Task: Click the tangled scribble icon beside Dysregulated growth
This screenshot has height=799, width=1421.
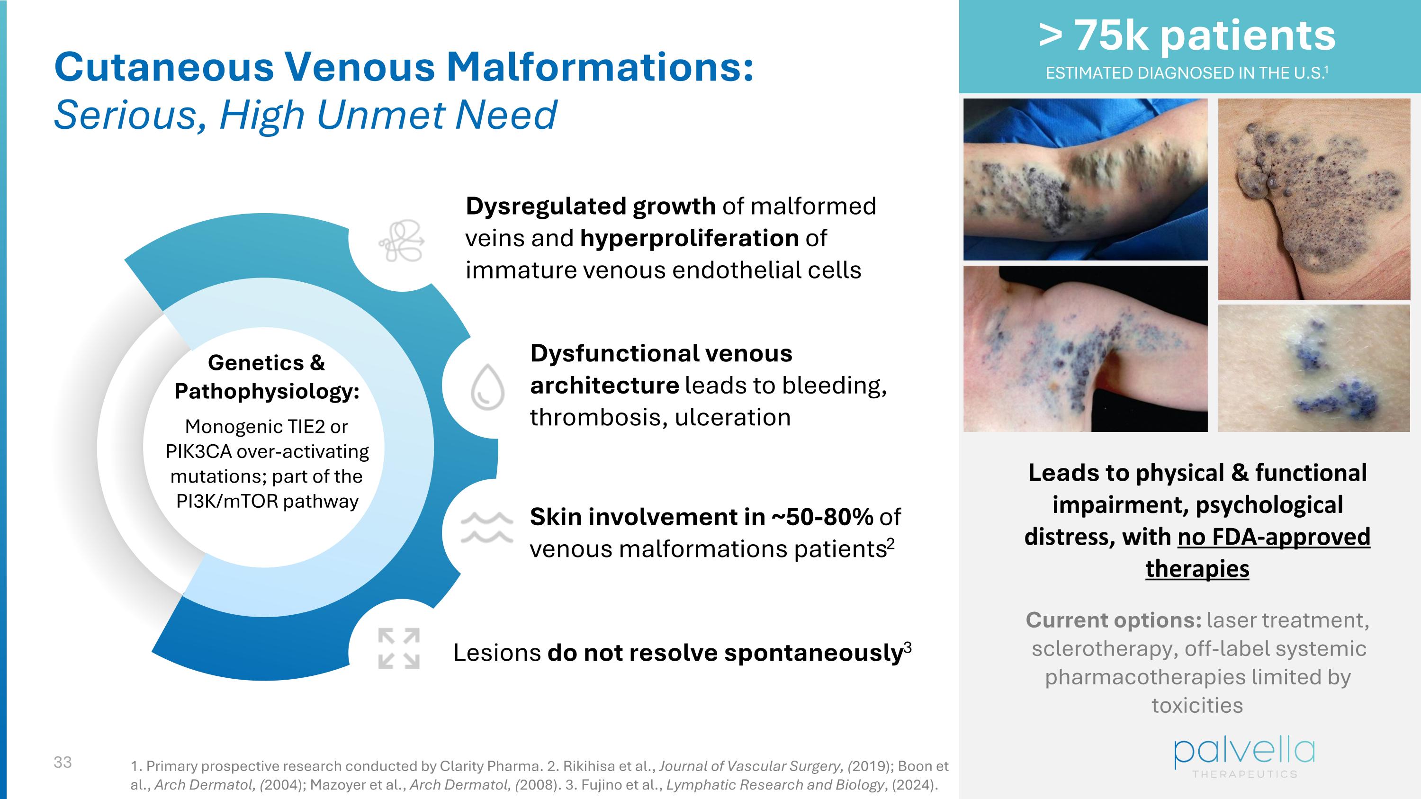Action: [401, 241]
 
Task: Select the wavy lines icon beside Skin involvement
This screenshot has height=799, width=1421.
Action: [486, 527]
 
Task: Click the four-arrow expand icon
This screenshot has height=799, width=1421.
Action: [398, 648]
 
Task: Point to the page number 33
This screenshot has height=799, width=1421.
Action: [63, 762]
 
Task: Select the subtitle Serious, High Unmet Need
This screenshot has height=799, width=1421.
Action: [305, 115]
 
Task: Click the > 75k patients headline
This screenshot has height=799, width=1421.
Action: [1187, 36]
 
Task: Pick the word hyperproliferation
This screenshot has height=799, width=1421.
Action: [689, 238]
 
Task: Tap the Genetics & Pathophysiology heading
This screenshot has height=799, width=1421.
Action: [266, 377]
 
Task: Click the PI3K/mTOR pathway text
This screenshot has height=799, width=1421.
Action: [267, 501]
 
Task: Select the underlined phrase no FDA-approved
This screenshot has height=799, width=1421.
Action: [1274, 537]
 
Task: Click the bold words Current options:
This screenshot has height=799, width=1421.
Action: [1113, 620]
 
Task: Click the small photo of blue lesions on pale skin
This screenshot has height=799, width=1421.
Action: [1313, 368]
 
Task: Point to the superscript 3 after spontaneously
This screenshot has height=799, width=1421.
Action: [908, 647]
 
